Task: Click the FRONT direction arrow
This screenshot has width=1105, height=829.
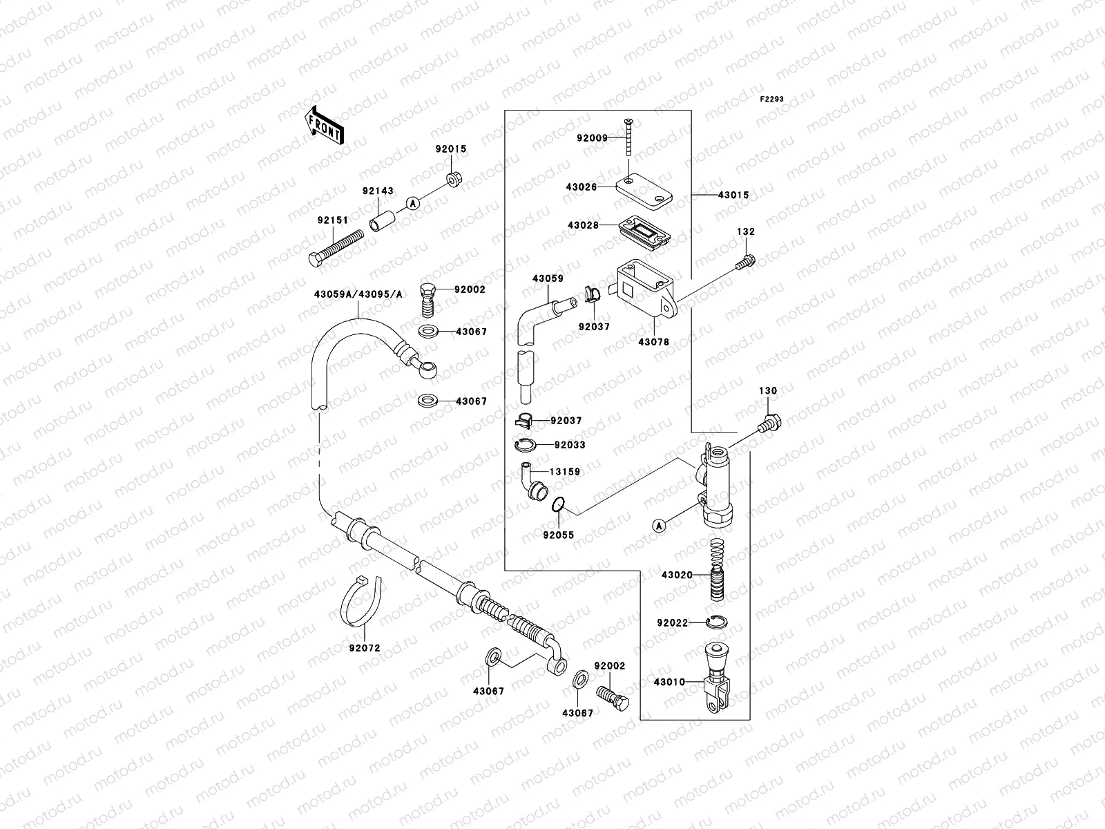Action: point(325,125)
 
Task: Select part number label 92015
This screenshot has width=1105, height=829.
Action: point(450,149)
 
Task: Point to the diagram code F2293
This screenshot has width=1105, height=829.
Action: point(772,99)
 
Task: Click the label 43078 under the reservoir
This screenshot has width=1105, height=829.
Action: point(653,342)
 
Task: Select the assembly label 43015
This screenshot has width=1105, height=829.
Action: point(733,196)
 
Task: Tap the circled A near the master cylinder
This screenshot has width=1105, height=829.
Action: point(659,526)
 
